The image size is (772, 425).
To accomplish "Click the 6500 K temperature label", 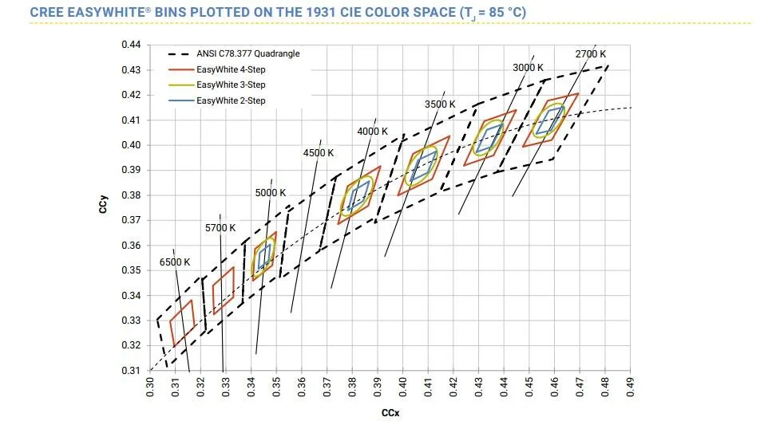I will click(175, 262).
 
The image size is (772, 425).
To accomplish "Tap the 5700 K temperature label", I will click(220, 228).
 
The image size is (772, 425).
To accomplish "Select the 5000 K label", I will click(271, 193).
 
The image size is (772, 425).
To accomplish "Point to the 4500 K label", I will click(318, 153).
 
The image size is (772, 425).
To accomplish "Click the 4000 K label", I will click(372, 131).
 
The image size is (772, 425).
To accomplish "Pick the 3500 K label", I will click(439, 104).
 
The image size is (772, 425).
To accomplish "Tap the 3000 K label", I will click(527, 68).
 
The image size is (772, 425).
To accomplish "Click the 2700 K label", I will click(591, 53).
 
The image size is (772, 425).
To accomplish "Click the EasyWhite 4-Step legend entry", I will click(232, 69).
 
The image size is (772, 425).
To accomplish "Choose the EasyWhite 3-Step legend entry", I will click(232, 85).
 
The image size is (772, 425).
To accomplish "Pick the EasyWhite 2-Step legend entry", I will click(232, 100).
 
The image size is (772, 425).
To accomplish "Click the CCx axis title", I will click(390, 413).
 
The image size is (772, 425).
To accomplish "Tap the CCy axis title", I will click(104, 208).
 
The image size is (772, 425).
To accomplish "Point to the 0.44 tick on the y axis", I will click(131, 45).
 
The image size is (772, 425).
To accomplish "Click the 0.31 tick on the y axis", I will click(131, 371).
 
